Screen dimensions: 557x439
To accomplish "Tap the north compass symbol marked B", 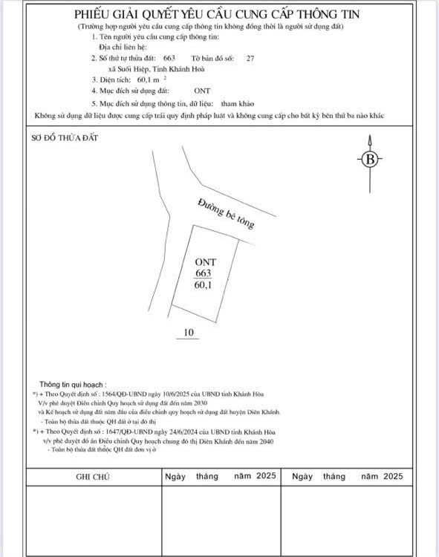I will coord(370,159).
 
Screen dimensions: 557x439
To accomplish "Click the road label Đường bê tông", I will coord(226,213).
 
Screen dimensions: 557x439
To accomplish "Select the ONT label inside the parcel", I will coord(205,262).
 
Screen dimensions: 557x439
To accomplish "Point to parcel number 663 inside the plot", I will coord(204,273).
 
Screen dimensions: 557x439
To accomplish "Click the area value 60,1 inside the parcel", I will coord(204,285).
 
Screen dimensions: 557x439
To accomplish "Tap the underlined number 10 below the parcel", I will coord(189,333).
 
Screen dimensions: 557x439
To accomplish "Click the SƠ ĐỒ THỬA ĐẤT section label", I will coord(65,138).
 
